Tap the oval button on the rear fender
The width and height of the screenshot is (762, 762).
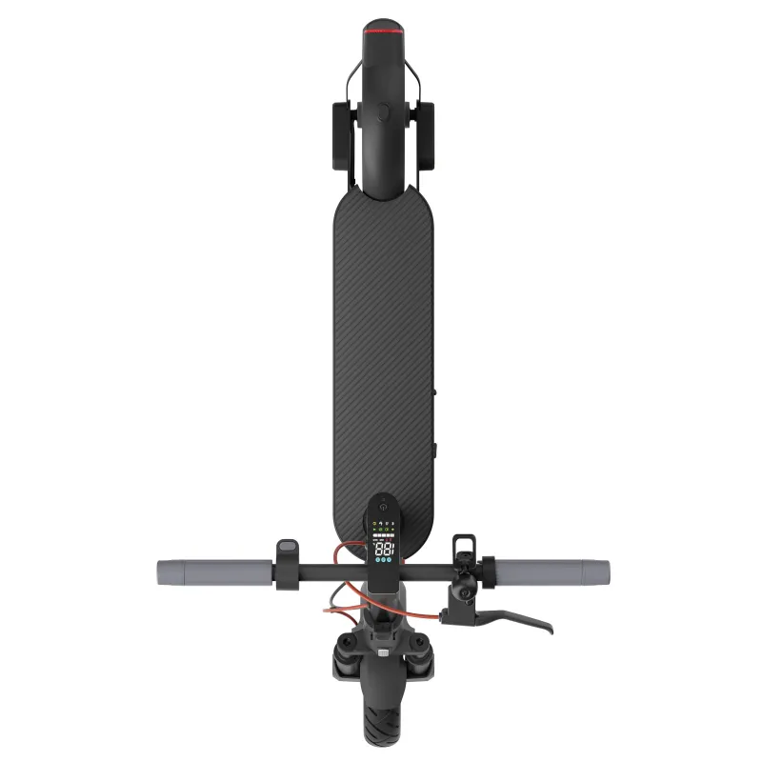[382, 112]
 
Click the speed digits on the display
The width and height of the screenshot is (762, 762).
[383, 550]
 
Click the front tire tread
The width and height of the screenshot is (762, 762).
[381, 729]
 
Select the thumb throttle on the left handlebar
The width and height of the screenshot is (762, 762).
[287, 552]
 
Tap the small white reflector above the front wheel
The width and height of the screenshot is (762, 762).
[382, 655]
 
